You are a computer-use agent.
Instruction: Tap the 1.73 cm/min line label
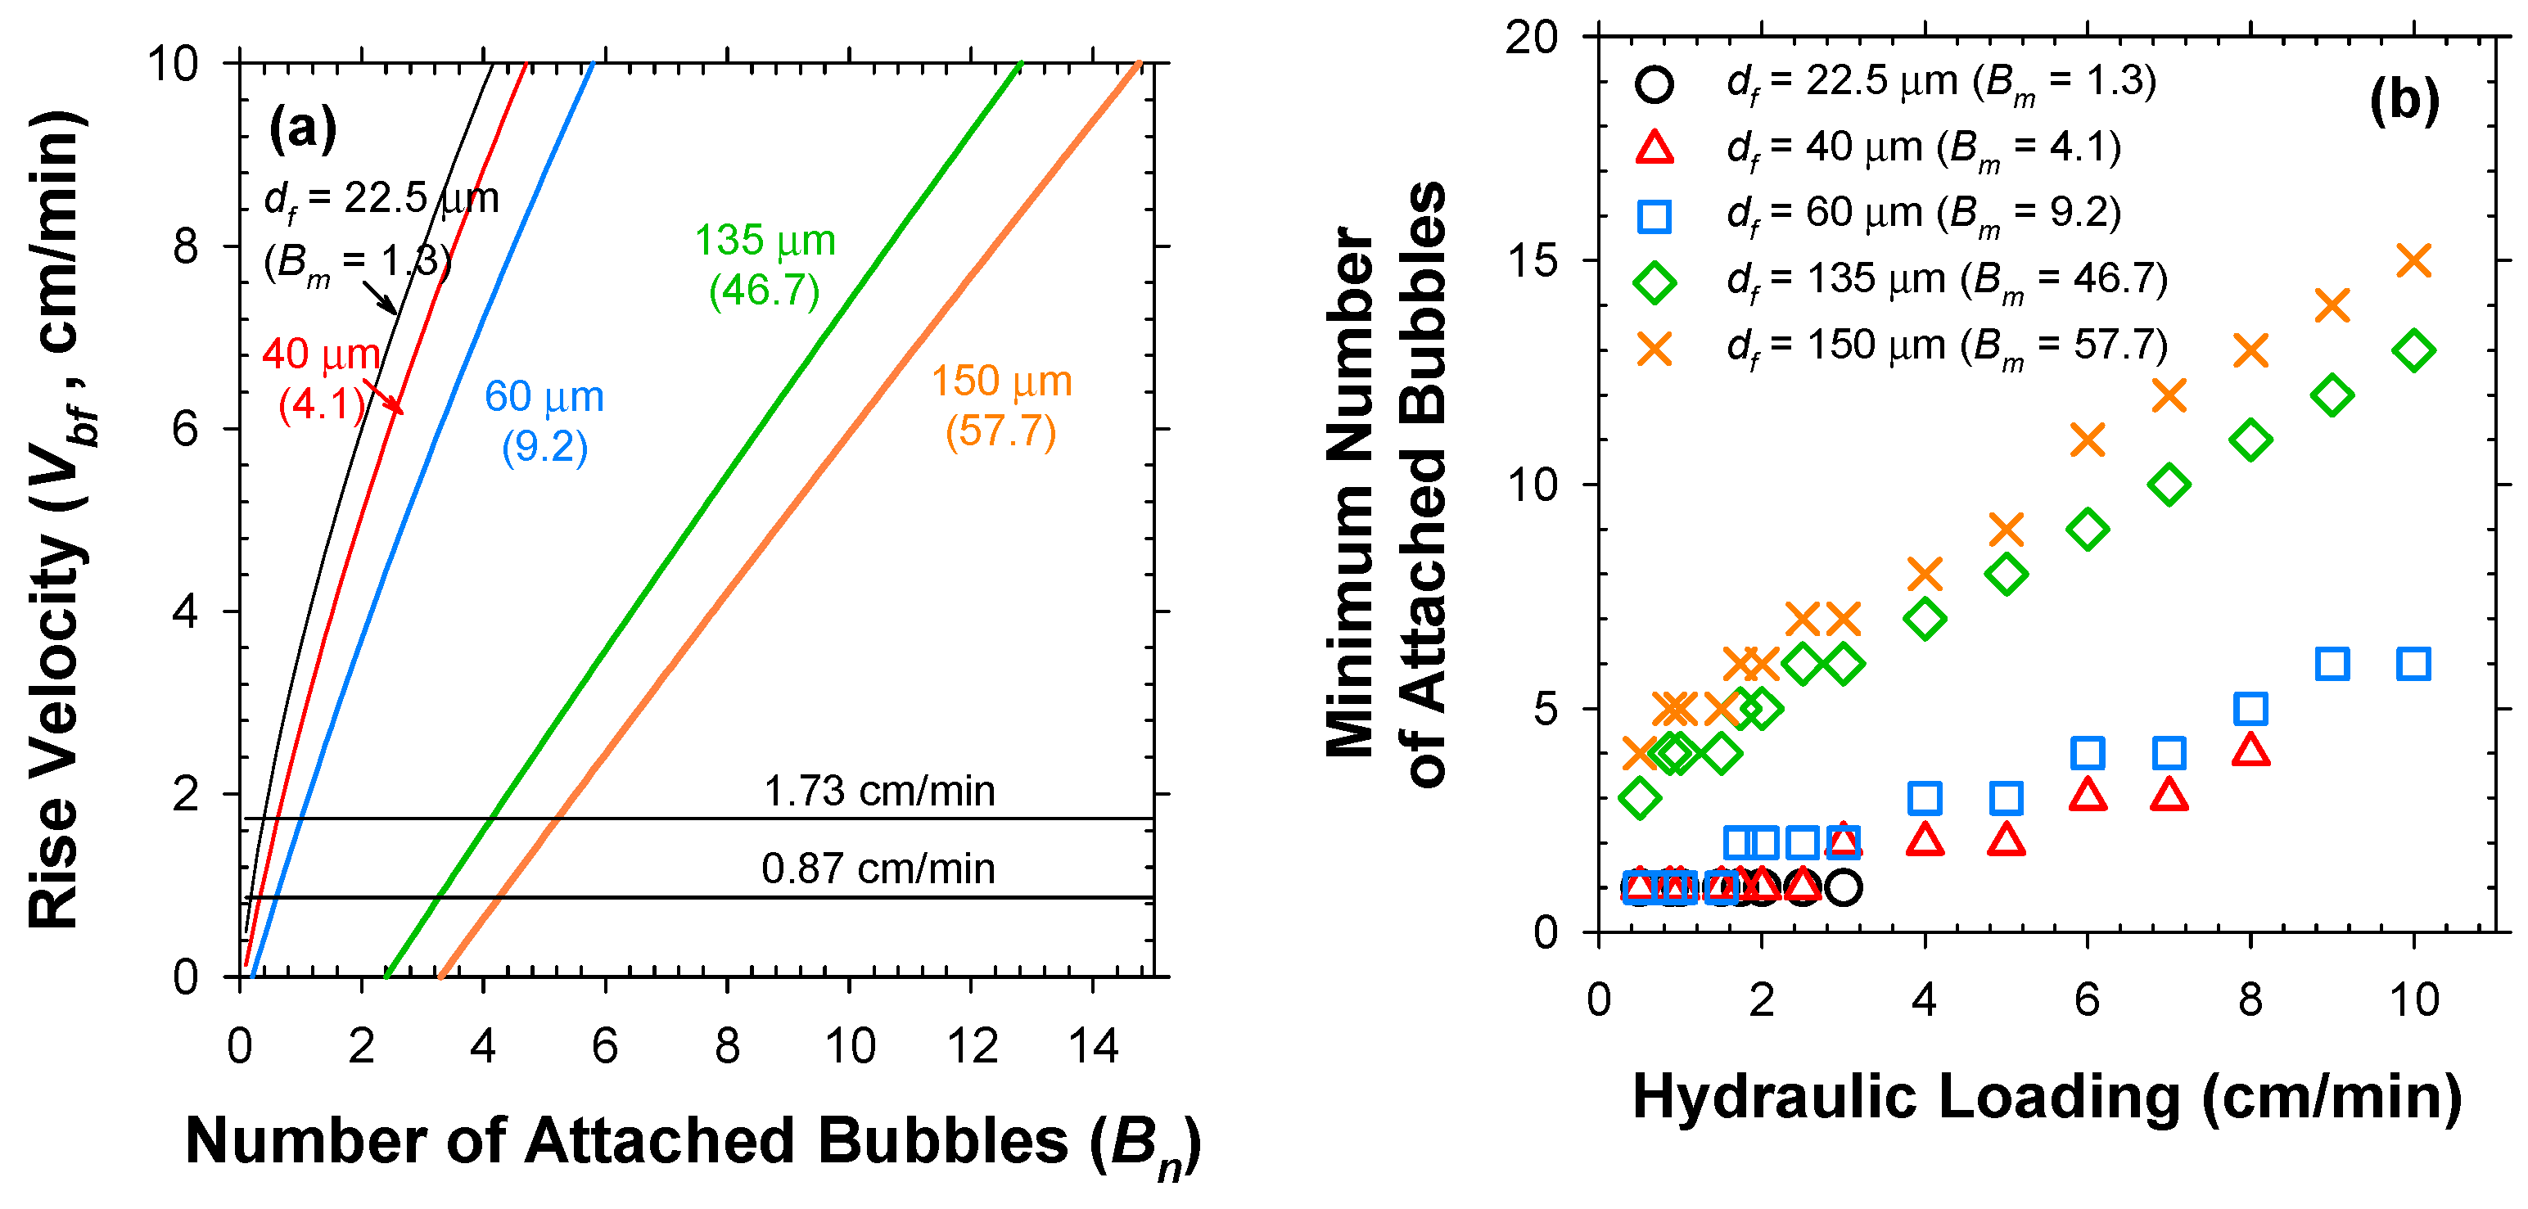(x=878, y=791)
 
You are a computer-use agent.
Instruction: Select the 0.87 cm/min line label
(x=878, y=868)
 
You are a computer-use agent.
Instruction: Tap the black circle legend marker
(x=1654, y=83)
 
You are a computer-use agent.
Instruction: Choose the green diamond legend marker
(x=1654, y=282)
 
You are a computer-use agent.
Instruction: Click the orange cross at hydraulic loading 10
(x=2413, y=261)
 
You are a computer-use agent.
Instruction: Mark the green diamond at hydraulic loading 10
(x=2413, y=350)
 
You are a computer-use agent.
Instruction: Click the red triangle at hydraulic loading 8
(x=2250, y=751)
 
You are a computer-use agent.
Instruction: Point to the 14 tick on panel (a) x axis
(x=1092, y=1046)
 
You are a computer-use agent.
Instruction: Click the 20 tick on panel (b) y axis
(x=1531, y=38)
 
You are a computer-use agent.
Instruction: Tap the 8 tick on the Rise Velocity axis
(x=186, y=246)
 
